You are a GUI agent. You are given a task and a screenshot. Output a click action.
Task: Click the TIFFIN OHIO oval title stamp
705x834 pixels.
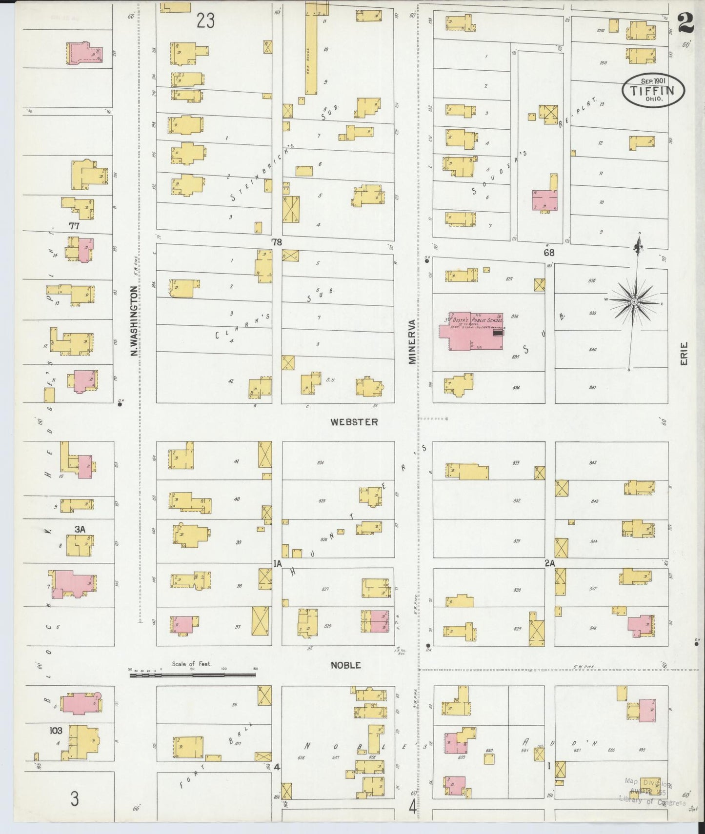point(653,90)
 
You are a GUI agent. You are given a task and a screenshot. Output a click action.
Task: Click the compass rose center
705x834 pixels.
point(633,302)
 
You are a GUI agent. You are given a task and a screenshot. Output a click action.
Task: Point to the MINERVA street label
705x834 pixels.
point(412,341)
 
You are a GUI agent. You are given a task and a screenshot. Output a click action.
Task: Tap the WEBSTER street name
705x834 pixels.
point(354,422)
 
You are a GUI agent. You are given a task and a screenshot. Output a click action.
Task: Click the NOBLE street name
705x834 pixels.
point(345,665)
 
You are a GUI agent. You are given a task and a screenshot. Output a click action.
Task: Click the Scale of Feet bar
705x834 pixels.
point(192,675)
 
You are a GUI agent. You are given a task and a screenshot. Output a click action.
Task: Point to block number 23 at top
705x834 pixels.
point(205,21)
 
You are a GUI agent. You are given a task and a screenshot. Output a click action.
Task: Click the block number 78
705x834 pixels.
point(277,242)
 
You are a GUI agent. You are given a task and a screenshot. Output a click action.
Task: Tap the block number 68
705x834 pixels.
point(549,253)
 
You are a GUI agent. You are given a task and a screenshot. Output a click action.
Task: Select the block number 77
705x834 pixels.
point(74,226)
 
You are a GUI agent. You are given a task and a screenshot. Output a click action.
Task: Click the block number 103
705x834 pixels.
point(56,730)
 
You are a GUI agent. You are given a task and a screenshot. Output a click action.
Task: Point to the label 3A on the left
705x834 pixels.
point(80,529)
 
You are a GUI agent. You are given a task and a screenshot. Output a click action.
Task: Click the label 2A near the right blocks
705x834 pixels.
point(549,563)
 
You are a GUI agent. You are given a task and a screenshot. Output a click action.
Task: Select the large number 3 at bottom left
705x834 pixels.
point(74,799)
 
